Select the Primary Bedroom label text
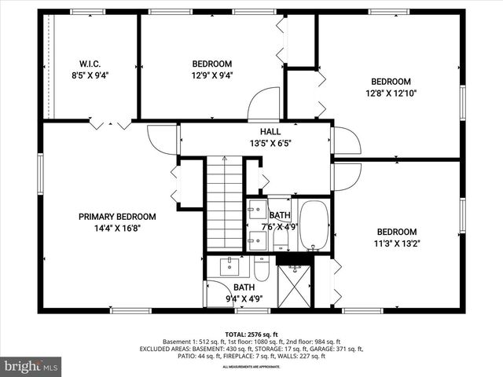point(116,217)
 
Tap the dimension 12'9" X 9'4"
point(211,76)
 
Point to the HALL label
point(259,133)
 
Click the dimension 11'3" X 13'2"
point(396,243)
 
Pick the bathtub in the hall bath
point(314,226)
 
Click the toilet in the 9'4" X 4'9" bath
point(262,269)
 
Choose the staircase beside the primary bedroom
point(224,204)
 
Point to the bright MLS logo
point(31,366)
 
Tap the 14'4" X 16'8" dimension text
point(116,229)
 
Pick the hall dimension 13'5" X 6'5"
point(259,145)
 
